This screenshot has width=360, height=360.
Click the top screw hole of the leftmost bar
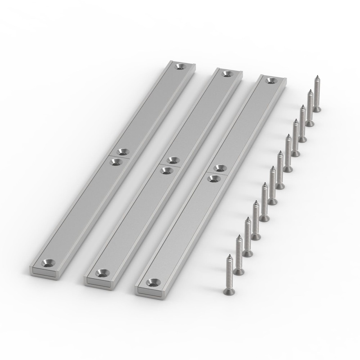180,66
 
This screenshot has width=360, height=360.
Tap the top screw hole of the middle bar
226,73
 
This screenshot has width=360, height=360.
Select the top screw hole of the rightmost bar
270,80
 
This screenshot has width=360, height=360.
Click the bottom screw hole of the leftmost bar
48,262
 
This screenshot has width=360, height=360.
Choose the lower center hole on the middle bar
166,170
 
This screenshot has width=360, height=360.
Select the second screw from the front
238,253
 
